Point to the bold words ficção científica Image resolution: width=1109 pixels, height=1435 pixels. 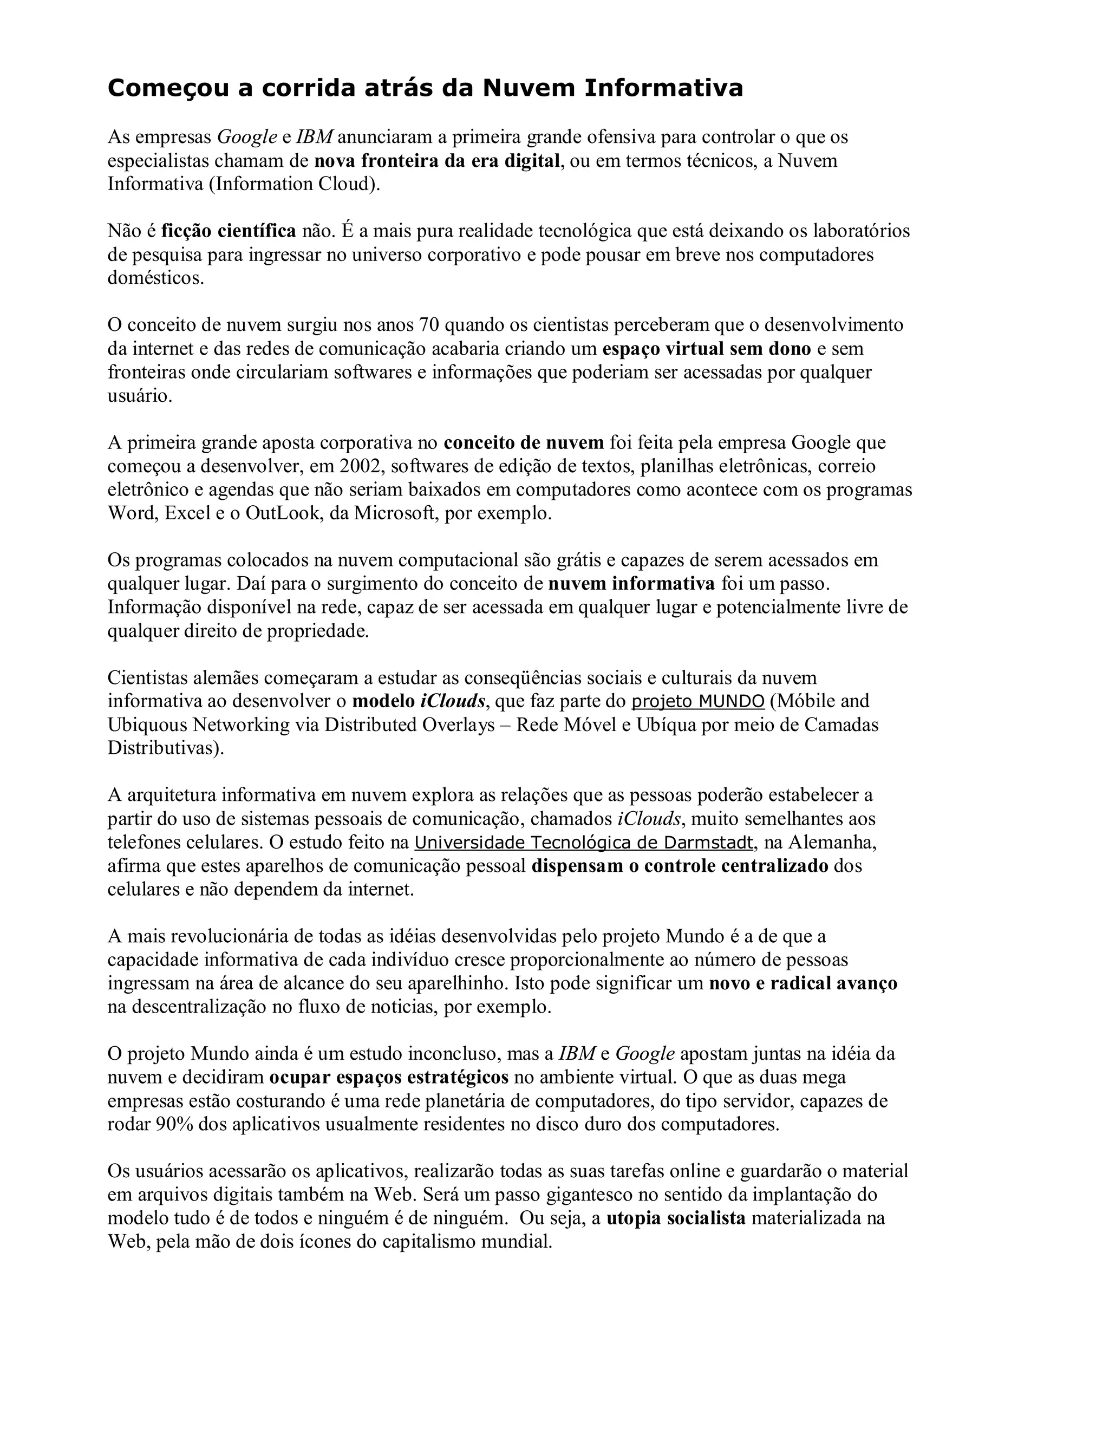229,231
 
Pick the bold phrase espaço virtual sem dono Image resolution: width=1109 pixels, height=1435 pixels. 706,349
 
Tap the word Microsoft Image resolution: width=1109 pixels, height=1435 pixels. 395,513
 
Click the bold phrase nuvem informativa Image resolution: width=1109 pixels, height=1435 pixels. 631,583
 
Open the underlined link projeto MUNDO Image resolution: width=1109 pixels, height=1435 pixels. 697,702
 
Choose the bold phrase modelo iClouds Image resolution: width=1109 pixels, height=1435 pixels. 419,702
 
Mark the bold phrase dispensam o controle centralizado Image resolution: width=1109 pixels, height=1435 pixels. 680,866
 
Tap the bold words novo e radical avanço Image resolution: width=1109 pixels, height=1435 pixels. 803,983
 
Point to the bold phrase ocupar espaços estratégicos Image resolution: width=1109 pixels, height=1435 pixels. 389,1078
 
